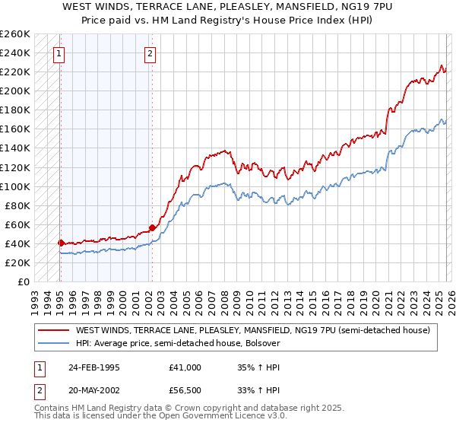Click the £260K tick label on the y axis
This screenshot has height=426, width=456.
pos(15,34)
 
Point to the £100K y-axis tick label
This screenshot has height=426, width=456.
pos(15,186)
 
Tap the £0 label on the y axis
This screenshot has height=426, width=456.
pos(23,281)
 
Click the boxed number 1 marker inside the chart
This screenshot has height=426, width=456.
pos(59,53)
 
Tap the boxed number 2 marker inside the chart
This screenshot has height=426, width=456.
pos(150,53)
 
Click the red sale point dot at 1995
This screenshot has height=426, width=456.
pos(61,243)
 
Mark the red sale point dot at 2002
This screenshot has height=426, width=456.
pos(152,227)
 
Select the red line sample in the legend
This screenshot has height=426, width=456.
pos(53,330)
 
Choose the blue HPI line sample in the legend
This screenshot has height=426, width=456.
pos(53,344)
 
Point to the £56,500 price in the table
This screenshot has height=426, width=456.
pos(185,390)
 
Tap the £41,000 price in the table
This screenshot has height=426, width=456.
pos(185,367)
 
